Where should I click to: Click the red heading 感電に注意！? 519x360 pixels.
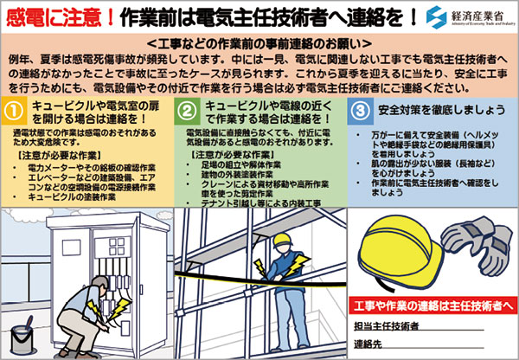pos(57,16)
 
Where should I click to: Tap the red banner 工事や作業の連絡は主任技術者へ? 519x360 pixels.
pos(434,305)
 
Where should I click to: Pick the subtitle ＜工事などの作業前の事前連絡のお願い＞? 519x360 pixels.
pos(259,42)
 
